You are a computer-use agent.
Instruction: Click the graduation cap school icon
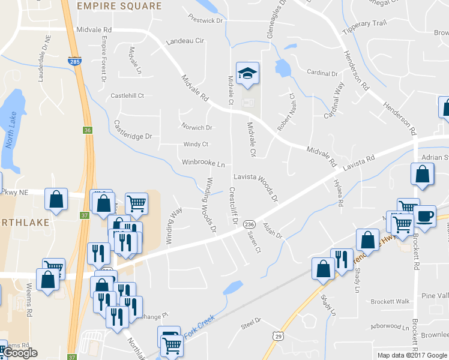pyautogui.click(x=247, y=73)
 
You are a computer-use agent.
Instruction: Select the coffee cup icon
pyautogui.click(x=425, y=215)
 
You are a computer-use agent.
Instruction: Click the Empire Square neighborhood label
pyautogui.click(x=119, y=6)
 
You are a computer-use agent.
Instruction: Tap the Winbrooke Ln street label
pyautogui.click(x=203, y=163)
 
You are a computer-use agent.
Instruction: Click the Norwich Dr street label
pyautogui.click(x=197, y=127)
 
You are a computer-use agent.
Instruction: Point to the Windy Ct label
pyautogui.click(x=196, y=144)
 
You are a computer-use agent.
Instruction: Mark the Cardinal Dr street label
pyautogui.click(x=322, y=73)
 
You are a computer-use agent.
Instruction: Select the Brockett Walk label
pyautogui.click(x=390, y=301)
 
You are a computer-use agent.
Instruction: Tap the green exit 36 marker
pyautogui.click(x=88, y=130)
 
